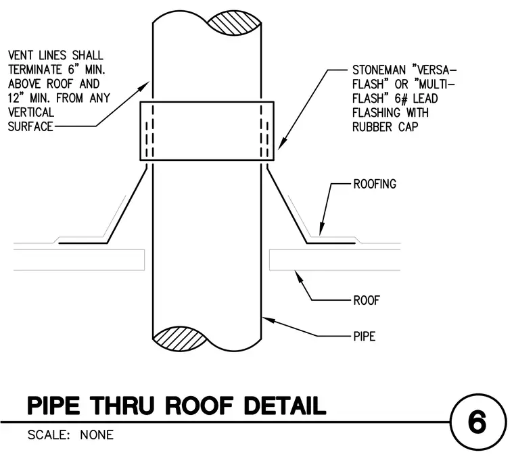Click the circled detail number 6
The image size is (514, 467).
coord(478,422)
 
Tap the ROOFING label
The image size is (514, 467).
coord(375,184)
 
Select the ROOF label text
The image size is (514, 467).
coord(367,300)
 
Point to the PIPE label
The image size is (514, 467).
coord(364,337)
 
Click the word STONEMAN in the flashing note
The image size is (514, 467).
coord(379,70)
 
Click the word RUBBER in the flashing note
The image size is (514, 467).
coord(372,127)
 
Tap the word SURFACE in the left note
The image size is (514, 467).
coord(30,127)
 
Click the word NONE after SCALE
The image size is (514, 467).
coord(97,435)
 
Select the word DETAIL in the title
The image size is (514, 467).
coord(285,405)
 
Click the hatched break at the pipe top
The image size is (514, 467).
coord(234,23)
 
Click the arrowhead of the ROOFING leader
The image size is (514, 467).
coord(321,229)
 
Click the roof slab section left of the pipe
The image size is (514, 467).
coord(79,260)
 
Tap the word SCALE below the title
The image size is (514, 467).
coord(49,435)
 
